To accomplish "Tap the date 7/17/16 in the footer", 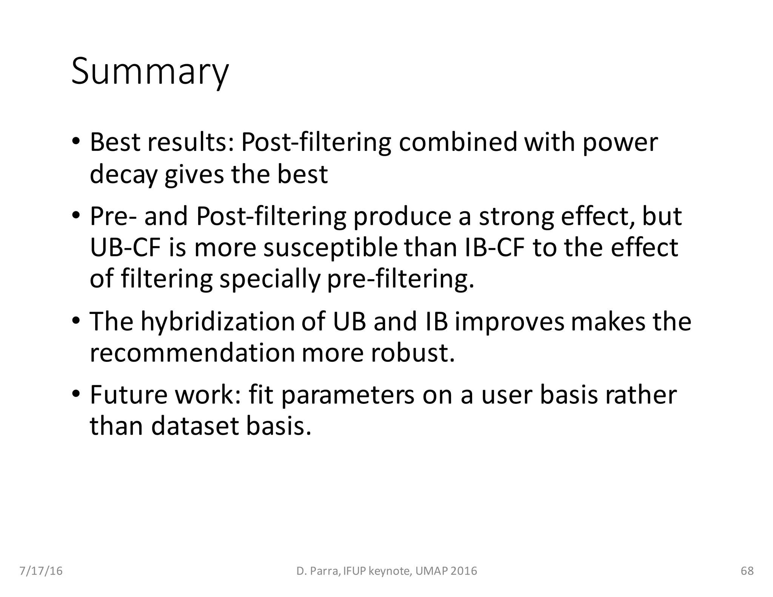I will (41, 571).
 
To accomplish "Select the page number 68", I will (747, 571).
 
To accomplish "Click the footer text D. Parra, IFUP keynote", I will (386, 571).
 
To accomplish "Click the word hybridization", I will (217, 322).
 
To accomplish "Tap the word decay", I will (123, 175).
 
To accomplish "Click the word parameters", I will (348, 395).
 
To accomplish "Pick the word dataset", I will (196, 426).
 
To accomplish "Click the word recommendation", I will (192, 353).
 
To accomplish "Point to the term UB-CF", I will (126, 248).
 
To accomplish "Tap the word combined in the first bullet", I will (457, 143).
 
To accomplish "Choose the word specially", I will (270, 279).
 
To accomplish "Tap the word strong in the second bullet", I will (516, 217).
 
